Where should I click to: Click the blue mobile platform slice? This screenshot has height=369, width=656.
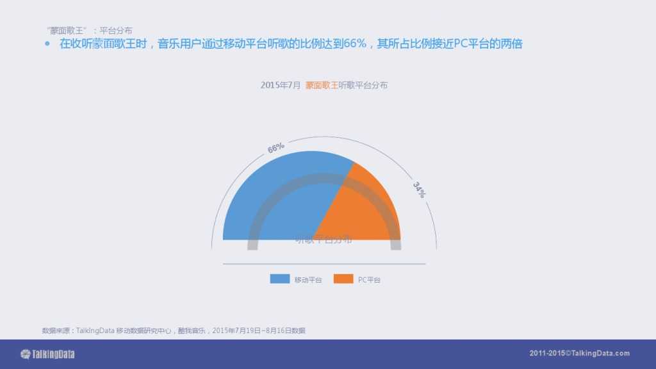[x=269, y=199]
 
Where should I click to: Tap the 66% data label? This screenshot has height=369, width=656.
[x=276, y=148]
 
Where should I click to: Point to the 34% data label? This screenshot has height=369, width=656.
[x=418, y=190]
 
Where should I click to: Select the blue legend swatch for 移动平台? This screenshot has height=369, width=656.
[x=280, y=279]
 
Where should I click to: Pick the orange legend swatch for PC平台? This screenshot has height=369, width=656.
[x=343, y=279]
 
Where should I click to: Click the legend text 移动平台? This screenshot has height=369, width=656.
[x=308, y=280]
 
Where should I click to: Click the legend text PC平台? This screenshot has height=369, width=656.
[x=368, y=280]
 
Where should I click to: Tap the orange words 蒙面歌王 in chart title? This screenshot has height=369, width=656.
[x=321, y=85]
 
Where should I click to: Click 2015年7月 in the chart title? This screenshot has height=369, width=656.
[x=280, y=85]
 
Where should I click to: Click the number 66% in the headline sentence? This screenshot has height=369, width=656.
[x=354, y=44]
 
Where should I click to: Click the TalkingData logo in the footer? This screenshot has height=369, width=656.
[x=48, y=354]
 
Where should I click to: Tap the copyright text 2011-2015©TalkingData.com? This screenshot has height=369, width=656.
[x=580, y=354]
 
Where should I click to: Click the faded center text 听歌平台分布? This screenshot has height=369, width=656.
[x=324, y=240]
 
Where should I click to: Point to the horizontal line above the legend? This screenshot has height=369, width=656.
[x=324, y=263]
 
